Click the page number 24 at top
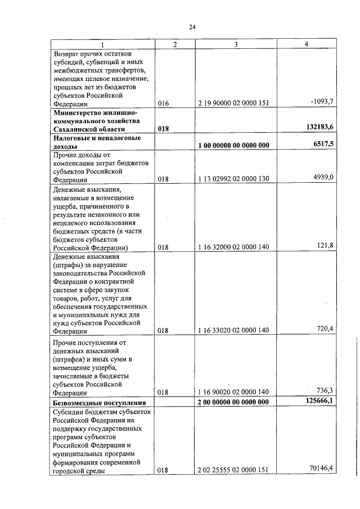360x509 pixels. (x=192, y=27)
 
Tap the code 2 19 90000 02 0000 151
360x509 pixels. (x=234, y=103)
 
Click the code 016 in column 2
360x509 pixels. (x=163, y=103)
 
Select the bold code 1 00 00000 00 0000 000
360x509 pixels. (x=234, y=146)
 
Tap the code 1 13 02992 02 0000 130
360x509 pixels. (x=234, y=179)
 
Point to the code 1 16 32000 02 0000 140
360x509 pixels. (x=234, y=247)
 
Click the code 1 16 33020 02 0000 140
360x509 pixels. (x=234, y=331)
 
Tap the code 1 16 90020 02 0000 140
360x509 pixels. (x=234, y=392)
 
